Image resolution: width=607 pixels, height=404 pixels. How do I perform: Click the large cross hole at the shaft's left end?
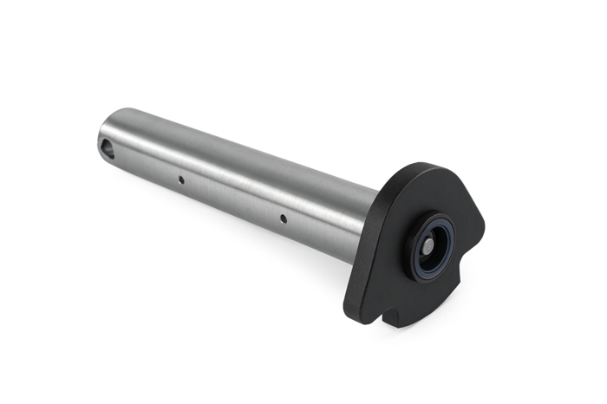(107, 149)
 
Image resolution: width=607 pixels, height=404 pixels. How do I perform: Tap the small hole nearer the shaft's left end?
(180, 180)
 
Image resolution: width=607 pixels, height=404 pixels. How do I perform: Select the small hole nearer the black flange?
(283, 218)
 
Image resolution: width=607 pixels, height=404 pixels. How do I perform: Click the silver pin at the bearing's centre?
(428, 247)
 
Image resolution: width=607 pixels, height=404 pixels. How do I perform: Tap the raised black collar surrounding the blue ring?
(408, 260)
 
